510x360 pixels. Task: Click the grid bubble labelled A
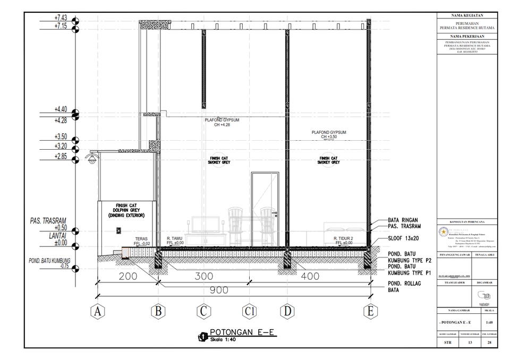click(x=97, y=312)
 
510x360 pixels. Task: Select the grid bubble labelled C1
click(x=249, y=312)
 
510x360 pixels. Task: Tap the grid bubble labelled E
click(x=370, y=312)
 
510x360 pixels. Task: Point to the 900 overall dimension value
click(x=218, y=290)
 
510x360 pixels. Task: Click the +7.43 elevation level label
click(x=61, y=18)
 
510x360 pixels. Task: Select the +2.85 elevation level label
click(x=61, y=156)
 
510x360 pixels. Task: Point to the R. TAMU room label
click(x=175, y=239)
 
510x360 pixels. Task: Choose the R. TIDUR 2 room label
click(x=344, y=239)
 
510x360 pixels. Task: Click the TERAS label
click(x=141, y=239)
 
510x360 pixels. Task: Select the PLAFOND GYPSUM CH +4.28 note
click(x=222, y=123)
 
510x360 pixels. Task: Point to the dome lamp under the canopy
click(x=92, y=159)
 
